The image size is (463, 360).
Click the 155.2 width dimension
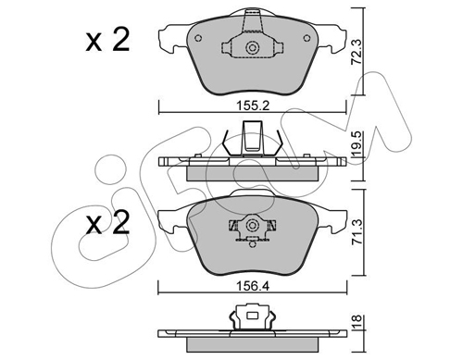click(x=253, y=106)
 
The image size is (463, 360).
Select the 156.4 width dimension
click(x=253, y=287)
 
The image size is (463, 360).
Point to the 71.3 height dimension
click(x=357, y=231)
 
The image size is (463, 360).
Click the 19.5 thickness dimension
click(x=357, y=143)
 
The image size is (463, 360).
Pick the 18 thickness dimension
click(x=357, y=322)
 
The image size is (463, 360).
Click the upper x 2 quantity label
click(x=107, y=40)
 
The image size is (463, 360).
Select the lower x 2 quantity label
click(x=107, y=222)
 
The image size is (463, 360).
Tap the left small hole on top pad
click(x=198, y=38)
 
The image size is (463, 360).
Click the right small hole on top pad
click(x=307, y=38)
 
